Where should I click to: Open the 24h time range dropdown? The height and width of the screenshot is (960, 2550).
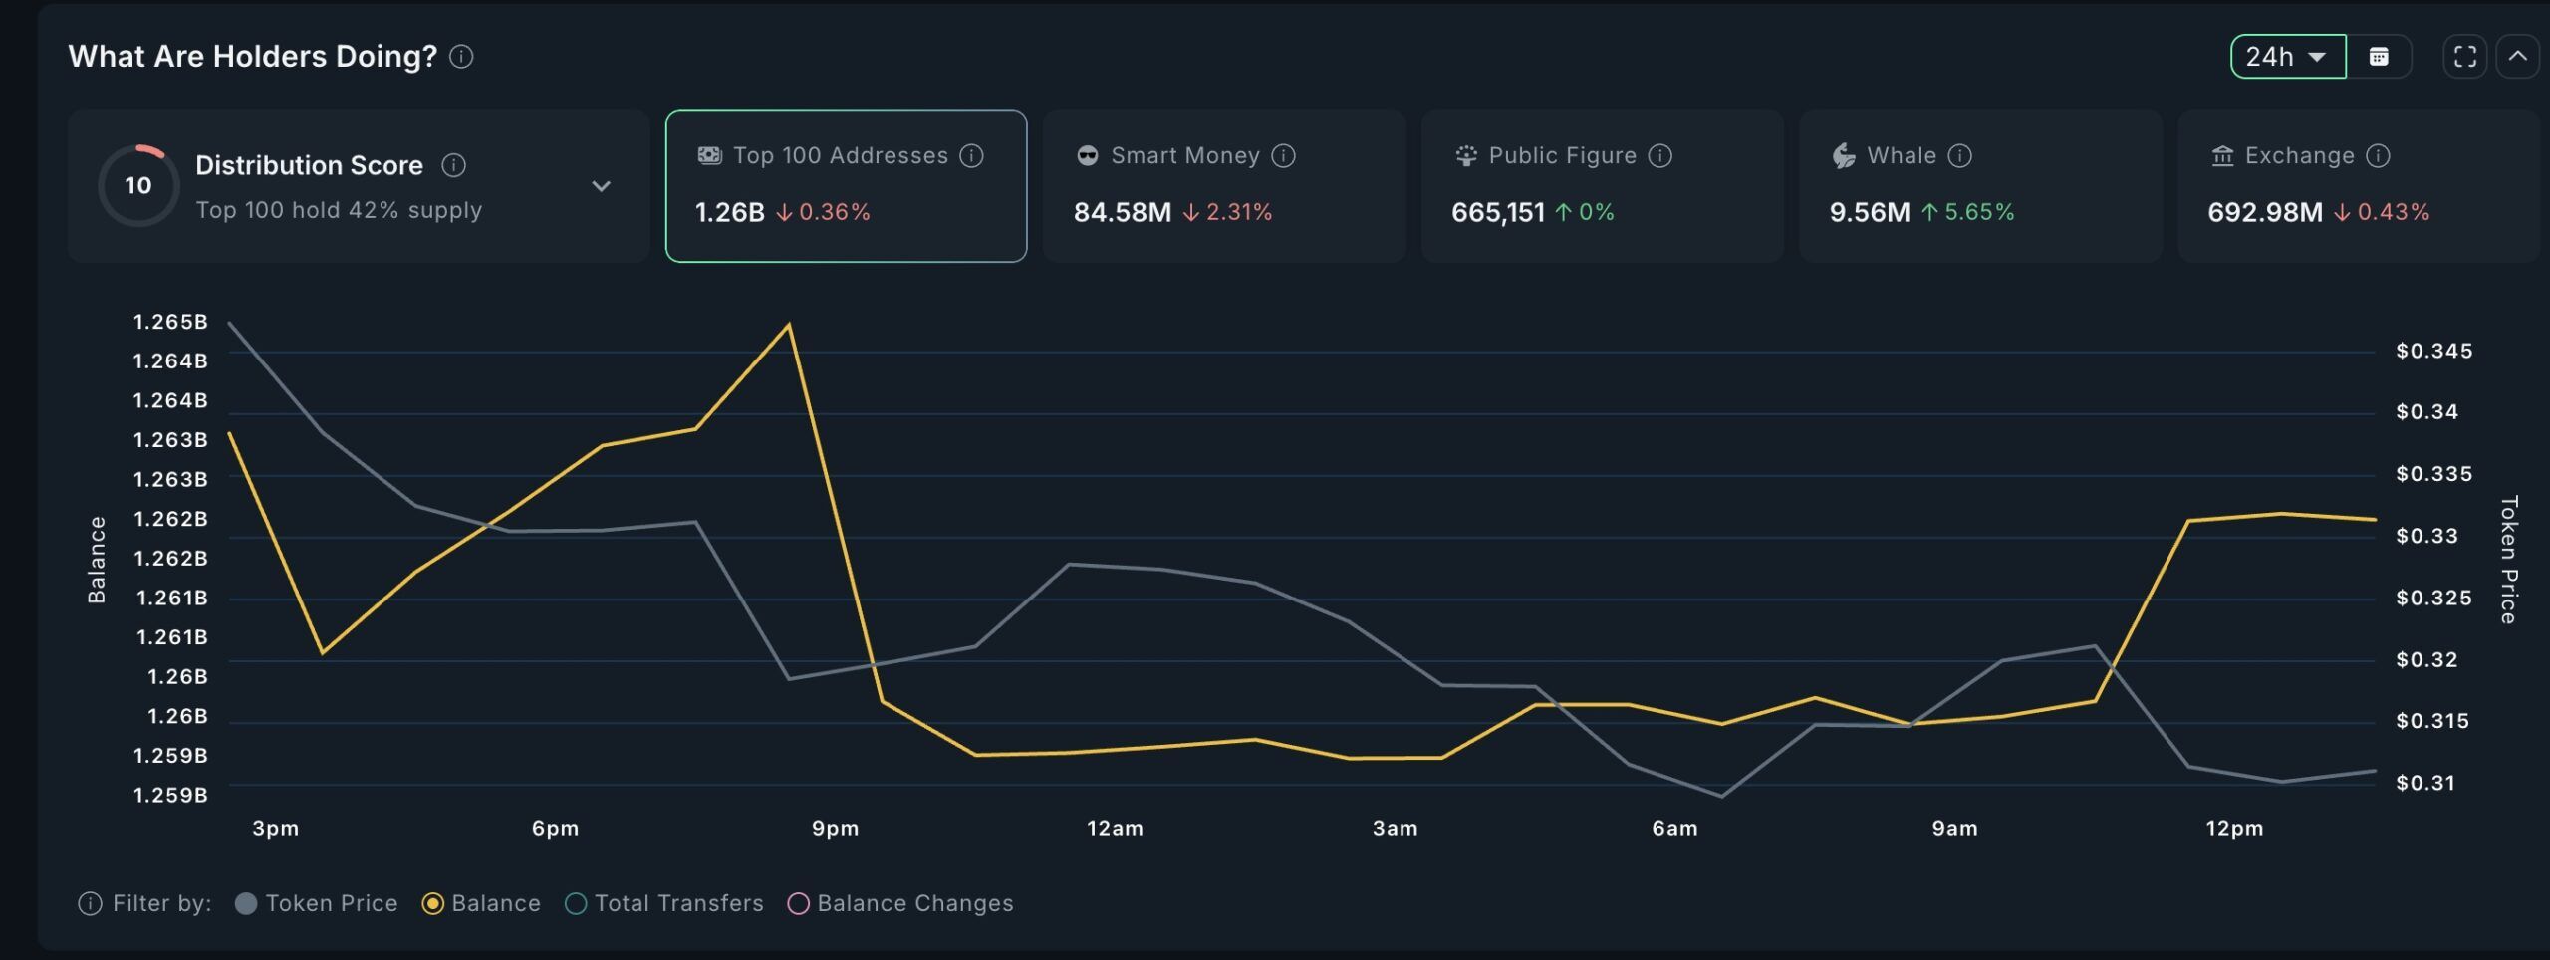tap(2287, 57)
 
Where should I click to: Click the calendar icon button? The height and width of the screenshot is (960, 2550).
tap(2379, 57)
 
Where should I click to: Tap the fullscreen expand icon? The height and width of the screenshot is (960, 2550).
tap(2464, 57)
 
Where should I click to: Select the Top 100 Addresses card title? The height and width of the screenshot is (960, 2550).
tap(840, 156)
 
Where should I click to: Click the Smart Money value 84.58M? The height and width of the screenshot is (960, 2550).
tap(1122, 212)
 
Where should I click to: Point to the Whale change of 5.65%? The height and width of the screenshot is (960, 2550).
tap(1978, 212)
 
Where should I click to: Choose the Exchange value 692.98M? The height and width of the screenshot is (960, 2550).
tap(2264, 212)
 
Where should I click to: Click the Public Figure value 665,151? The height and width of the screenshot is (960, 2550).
tap(1497, 212)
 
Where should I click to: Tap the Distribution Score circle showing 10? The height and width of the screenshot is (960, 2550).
tap(138, 185)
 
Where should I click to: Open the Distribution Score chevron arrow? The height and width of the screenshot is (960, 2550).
tap(601, 186)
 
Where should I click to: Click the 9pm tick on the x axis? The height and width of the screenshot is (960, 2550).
tap(835, 828)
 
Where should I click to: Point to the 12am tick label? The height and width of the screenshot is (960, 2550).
tap(1115, 828)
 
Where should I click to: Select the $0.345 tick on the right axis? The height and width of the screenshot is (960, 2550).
tap(2433, 351)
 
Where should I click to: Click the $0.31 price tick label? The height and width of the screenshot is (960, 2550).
tap(2425, 783)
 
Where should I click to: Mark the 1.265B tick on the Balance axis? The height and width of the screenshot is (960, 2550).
tap(170, 322)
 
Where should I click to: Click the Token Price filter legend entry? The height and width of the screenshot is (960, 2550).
tap(317, 903)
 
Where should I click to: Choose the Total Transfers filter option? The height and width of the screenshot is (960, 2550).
tap(664, 903)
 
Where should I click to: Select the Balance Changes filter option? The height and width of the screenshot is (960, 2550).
tap(900, 903)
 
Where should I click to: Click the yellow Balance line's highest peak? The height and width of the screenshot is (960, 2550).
tap(789, 325)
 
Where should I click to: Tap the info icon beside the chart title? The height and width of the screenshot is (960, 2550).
tap(461, 57)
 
